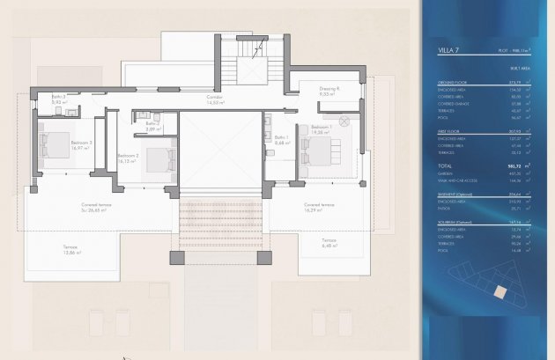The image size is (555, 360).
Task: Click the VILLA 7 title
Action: (x=450, y=51)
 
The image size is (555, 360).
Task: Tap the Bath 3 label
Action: (x=60, y=99)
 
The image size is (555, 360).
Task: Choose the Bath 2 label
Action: (x=152, y=125)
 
